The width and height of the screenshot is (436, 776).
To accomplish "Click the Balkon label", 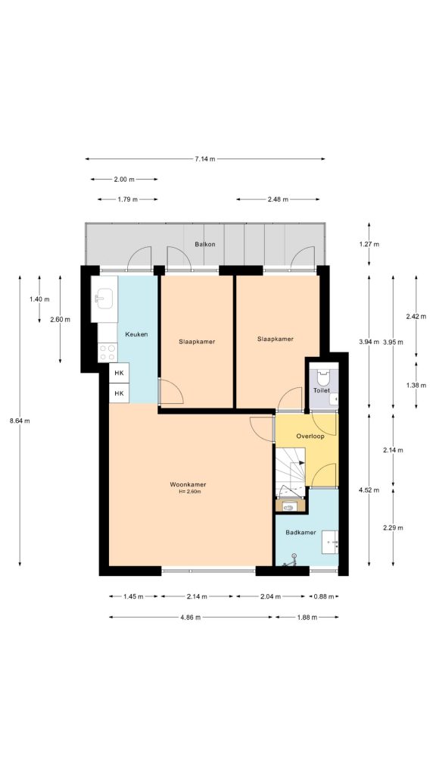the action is click(x=204, y=244).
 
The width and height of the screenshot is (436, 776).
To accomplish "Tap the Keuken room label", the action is click(x=136, y=334).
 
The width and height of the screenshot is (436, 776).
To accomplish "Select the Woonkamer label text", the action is click(x=188, y=484).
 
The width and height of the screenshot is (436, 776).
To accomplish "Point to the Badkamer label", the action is click(x=301, y=533).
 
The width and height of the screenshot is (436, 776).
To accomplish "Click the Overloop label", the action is click(x=310, y=436).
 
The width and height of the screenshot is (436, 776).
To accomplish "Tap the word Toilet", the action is click(x=321, y=390).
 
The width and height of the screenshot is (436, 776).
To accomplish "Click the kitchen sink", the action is click(x=104, y=299).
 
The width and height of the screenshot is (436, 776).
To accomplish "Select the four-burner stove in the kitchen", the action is click(x=107, y=352).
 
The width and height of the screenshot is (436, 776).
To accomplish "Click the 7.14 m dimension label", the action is click(x=204, y=159).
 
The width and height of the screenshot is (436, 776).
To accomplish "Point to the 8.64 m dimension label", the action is click(x=20, y=421).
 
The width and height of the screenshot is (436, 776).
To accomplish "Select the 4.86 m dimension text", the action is click(x=190, y=617).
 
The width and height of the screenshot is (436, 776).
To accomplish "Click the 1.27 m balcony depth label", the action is click(x=369, y=244).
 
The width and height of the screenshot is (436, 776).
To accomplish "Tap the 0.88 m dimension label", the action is click(x=323, y=596).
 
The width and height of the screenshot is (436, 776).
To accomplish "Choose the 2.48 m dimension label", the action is click(x=278, y=199).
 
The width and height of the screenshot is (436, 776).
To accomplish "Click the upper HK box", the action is click(x=119, y=373).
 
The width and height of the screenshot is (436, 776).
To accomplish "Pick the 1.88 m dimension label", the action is click(x=307, y=617).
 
